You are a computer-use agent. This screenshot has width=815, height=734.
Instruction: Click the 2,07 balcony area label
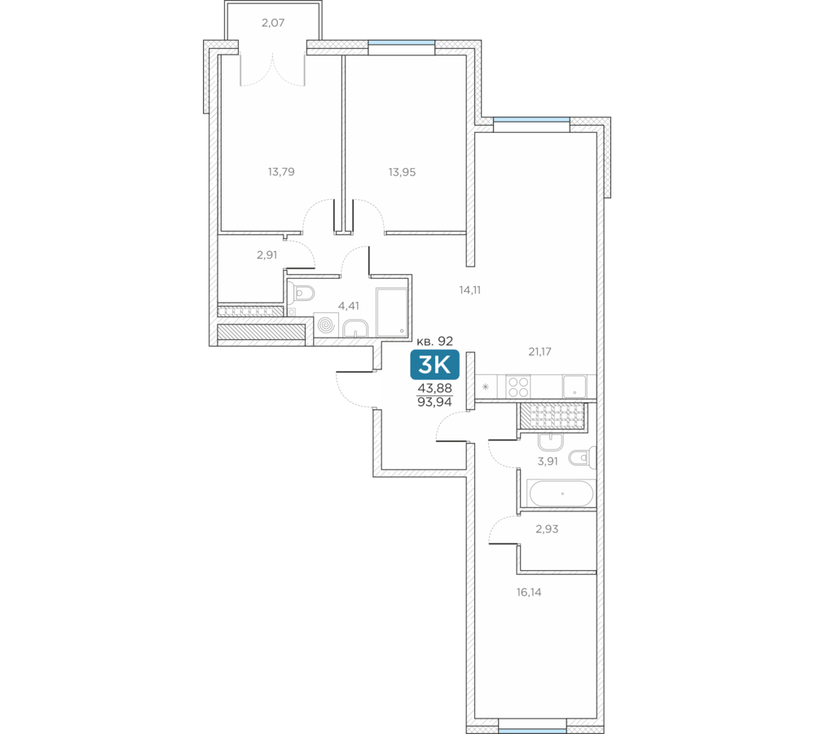point(273,23)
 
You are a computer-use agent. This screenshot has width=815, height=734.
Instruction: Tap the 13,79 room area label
point(281,171)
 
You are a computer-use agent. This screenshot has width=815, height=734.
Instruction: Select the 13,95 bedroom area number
point(403,172)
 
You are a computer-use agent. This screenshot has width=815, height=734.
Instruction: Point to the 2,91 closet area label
point(267,255)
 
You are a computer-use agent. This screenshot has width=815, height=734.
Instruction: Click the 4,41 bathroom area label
point(349,306)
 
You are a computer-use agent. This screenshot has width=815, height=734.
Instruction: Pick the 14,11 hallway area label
point(470,290)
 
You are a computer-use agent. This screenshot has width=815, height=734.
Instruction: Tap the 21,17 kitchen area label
point(540,352)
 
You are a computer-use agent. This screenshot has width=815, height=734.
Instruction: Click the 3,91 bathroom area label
point(548,461)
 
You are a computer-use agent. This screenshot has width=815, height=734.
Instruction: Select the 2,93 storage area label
point(547,529)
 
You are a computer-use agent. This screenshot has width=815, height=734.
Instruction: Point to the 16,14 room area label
point(529,592)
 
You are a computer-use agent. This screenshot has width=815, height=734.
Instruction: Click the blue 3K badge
point(434,365)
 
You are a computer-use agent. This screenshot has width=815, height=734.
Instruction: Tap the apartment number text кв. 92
point(435,341)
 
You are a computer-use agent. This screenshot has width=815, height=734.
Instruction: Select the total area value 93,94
point(434,401)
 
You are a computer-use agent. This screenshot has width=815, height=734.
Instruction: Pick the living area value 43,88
point(435,388)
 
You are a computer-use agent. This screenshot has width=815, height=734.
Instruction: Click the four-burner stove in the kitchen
point(518,387)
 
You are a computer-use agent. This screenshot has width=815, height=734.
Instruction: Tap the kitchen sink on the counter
point(575,387)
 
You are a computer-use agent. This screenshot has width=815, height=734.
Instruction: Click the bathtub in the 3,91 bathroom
point(561,493)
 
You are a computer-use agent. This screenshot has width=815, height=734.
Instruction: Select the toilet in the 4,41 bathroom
point(302,294)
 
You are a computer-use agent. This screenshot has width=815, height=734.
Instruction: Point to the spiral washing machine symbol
point(327,325)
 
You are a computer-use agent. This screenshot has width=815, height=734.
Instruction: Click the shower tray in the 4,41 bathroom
point(392,312)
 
